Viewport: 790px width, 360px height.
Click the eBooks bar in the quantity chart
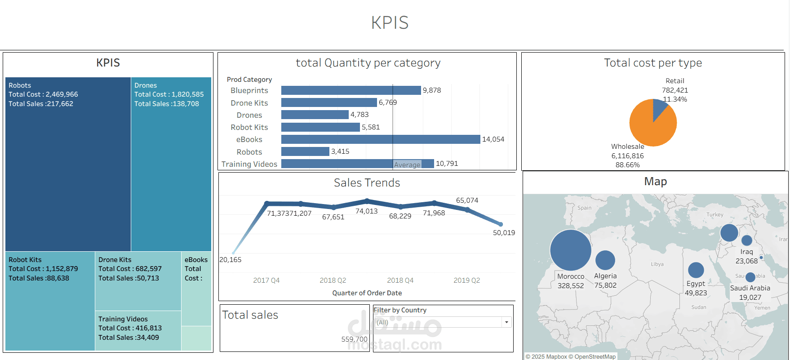click(380, 139)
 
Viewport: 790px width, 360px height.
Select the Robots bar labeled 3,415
click(305, 151)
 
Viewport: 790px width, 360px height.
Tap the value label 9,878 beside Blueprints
click(431, 90)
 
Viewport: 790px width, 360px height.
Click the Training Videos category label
click(249, 164)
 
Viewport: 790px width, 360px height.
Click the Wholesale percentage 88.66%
click(627, 165)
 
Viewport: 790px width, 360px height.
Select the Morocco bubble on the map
click(570, 250)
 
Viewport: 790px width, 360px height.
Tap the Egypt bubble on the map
click(696, 270)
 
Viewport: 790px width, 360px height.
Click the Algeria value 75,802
click(605, 285)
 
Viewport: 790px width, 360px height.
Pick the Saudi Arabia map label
click(750, 288)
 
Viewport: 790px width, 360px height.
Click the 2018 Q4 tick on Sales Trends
click(400, 280)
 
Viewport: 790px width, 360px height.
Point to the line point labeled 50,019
click(501, 224)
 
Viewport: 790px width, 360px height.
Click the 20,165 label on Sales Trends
click(230, 260)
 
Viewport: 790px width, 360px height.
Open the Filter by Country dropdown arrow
click(506, 322)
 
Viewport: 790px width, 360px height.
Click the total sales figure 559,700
click(354, 339)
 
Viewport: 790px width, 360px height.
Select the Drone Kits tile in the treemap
click(138, 281)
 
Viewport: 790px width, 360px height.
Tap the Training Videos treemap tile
click(138, 330)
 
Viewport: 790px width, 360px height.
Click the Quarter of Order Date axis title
click(367, 293)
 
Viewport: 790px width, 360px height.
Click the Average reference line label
click(407, 165)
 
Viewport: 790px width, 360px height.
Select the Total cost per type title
click(652, 63)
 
